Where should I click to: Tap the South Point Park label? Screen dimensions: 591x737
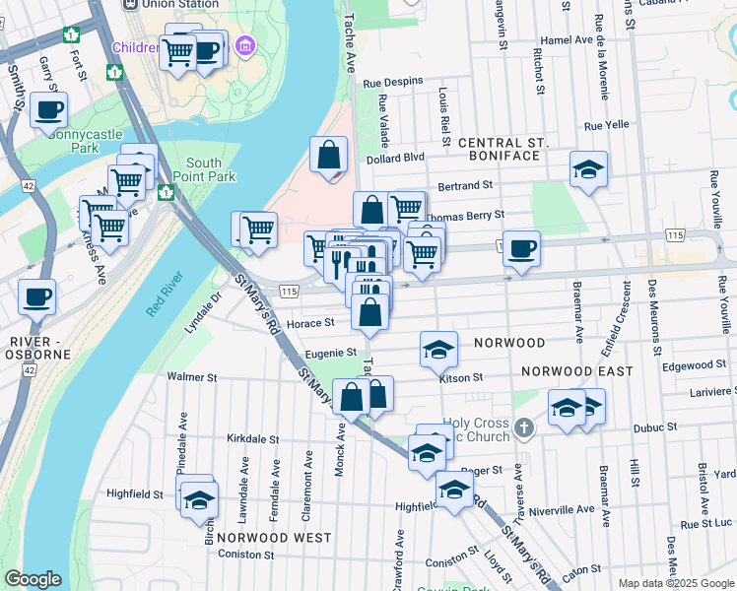tap(204, 169)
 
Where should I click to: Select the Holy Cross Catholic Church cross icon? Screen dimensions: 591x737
tap(524, 427)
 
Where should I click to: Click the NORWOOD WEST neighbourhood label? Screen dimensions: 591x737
tap(274, 538)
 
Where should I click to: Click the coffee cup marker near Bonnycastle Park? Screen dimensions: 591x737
tap(48, 111)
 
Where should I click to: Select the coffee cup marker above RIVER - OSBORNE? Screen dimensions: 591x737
tap(37, 295)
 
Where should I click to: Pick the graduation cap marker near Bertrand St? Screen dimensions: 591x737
tap(588, 169)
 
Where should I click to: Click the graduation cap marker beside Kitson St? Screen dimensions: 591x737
tap(438, 349)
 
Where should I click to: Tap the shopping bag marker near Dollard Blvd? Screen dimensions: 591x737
tap(329, 155)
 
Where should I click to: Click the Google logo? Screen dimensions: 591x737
tap(33, 579)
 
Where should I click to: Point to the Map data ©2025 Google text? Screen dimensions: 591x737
tap(675, 583)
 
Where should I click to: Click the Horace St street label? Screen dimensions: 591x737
tap(311, 322)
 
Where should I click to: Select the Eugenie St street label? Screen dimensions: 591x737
tap(331, 352)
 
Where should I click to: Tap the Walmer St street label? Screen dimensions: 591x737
tap(191, 376)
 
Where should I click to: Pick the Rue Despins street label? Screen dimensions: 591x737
tap(393, 82)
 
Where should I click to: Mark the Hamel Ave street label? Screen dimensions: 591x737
tap(570, 40)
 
